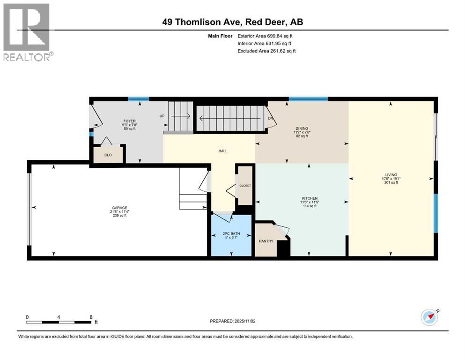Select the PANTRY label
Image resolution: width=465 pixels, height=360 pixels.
pos(266,241)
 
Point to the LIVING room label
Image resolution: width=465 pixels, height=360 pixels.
pos(391,175)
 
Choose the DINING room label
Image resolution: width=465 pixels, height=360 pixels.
pos(302,128)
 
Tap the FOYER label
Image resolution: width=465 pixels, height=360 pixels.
pos(129,121)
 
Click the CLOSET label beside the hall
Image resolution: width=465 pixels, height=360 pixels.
pos(245,186)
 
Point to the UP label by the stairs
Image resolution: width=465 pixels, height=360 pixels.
pos(162,116)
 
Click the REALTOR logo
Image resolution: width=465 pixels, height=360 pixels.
pos(27,31)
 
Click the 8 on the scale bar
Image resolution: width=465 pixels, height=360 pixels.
pos(90,317)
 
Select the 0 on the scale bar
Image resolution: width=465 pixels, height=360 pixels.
pos(27,317)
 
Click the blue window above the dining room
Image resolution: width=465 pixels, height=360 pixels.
pos(308,99)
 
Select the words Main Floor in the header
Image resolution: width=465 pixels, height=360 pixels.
pos(220,36)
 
